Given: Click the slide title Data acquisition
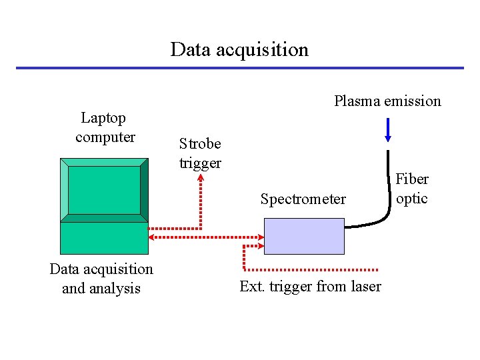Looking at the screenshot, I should coord(239,50).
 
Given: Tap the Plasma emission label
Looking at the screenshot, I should coord(387,101).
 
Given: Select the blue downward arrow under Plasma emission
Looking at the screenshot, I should coord(388,130).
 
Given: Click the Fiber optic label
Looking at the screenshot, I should coord(411,189).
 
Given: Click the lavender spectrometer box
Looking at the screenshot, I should coord(304,236).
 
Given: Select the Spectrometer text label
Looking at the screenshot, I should coord(303,199).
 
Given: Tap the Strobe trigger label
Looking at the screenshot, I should coord(200,153).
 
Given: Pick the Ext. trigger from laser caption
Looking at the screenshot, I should coord(310,287).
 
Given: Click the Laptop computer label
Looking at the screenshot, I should coord(105,127).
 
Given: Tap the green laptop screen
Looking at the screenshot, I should coord(104,190).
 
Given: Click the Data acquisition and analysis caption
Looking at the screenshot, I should coord(101,279).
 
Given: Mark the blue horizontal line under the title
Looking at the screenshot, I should coord(239,67).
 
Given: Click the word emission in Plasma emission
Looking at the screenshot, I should coord(412,101).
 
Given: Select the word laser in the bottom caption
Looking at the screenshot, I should coord(365,287).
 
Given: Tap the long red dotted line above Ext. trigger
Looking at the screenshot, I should coord(313,270).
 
